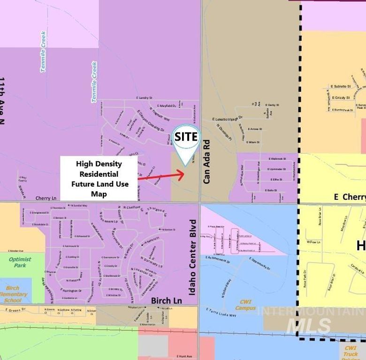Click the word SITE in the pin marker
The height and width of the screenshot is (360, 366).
[x=186, y=137]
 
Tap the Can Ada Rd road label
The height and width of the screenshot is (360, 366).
[x=207, y=161]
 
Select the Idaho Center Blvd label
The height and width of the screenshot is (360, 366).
[x=192, y=258]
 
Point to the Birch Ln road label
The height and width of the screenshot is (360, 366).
[x=166, y=300]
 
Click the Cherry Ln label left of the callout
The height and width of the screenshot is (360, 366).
[x=46, y=198]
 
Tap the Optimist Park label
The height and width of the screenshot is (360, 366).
[x=20, y=262]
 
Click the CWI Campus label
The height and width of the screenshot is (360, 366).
[x=245, y=305]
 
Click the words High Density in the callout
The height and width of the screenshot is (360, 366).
[x=99, y=164]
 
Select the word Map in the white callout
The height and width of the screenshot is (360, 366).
[x=99, y=194]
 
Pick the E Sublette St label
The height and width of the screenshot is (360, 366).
[x=341, y=86]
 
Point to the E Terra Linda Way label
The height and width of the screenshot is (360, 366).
[x=221, y=312]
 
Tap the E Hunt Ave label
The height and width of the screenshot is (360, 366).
[x=184, y=356]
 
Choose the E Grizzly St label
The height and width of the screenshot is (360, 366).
[x=341, y=98]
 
